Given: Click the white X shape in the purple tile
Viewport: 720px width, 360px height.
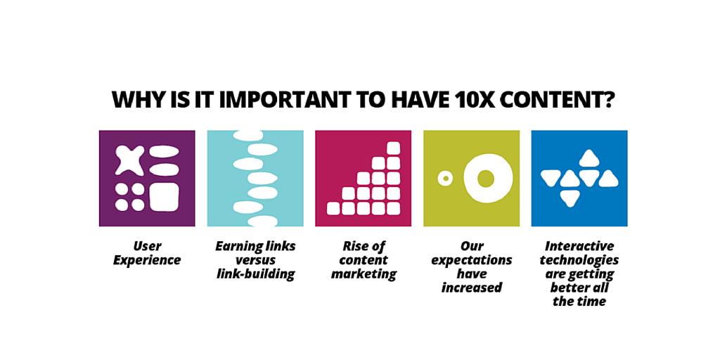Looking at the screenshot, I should pyautogui.click(x=129, y=161).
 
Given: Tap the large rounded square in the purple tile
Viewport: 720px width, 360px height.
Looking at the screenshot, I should pyautogui.click(x=164, y=197).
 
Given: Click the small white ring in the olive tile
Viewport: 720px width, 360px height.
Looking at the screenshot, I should pyautogui.click(x=444, y=179).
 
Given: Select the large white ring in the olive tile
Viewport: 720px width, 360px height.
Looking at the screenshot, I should pyautogui.click(x=484, y=178).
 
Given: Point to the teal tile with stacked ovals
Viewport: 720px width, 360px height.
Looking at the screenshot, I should pyautogui.click(x=255, y=178).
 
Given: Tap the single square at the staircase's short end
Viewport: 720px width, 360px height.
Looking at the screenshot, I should pyautogui.click(x=333, y=208).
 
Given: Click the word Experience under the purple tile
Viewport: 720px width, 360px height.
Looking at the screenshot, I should pyautogui.click(x=147, y=260).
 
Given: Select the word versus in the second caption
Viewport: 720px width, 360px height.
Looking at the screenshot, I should pyautogui.click(x=255, y=260).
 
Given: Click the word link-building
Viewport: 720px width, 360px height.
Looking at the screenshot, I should pyautogui.click(x=255, y=274).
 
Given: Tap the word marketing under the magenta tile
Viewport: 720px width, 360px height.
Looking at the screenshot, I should pyautogui.click(x=364, y=274).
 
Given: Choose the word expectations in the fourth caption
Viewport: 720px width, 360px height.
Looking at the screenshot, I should pyautogui.click(x=472, y=260).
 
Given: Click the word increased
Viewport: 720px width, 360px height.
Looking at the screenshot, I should pyautogui.click(x=472, y=288).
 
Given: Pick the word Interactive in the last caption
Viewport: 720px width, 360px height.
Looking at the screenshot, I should pyautogui.click(x=579, y=246).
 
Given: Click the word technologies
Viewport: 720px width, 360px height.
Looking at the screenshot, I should pyautogui.click(x=579, y=260).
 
